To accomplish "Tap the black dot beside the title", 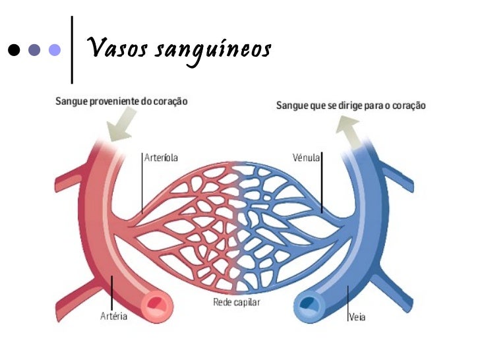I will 13,50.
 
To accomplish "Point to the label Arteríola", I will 162,158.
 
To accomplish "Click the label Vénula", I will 306,158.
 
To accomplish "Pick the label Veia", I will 357,317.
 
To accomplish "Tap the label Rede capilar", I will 237,302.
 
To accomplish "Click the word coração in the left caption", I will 169,102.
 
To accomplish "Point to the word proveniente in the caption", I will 116,102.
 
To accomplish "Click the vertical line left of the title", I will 71,49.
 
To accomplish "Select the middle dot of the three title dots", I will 34,50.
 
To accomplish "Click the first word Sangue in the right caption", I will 291,105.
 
